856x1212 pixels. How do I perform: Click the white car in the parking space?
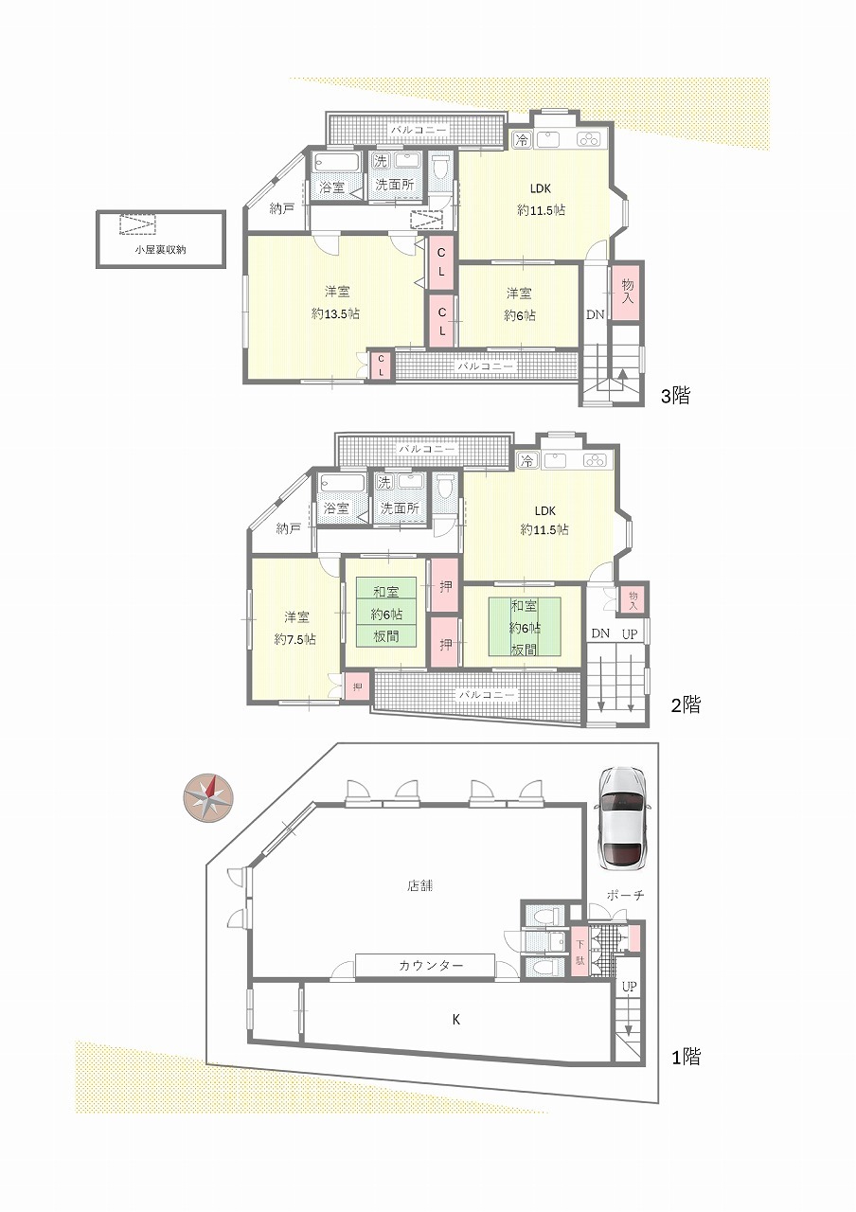click(622, 819)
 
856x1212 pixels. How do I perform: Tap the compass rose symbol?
click(208, 798)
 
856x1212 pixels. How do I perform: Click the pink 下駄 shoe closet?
click(580, 952)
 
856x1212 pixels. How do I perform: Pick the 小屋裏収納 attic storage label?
click(161, 249)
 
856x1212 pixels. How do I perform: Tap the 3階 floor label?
click(675, 396)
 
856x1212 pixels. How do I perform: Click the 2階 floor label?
click(686, 704)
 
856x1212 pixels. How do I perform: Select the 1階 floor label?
click(686, 1057)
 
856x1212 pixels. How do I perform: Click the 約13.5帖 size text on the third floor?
click(335, 313)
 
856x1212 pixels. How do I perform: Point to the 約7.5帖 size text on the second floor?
click(294, 639)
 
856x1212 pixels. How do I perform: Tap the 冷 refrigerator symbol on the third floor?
click(522, 140)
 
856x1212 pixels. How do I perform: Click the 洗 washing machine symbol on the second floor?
click(384, 481)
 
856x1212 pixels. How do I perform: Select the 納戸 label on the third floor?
click(281, 209)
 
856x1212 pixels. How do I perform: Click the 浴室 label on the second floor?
click(335, 508)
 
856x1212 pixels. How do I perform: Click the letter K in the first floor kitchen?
click(456, 1021)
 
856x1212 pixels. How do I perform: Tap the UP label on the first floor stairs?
click(630, 987)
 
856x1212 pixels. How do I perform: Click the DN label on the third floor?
click(596, 314)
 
